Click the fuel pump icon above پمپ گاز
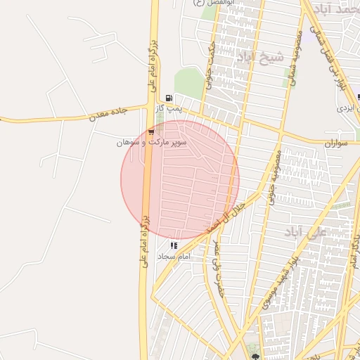point(168,98)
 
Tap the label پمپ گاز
point(169,108)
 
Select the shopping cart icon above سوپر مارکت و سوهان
point(151,131)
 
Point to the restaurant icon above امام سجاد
point(174,245)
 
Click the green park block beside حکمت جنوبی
point(188,83)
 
